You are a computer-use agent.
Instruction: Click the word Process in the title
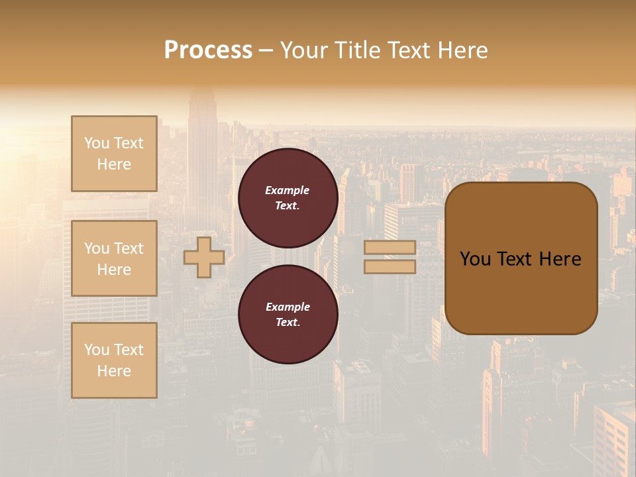click(x=208, y=50)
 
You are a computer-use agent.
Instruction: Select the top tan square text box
click(x=114, y=154)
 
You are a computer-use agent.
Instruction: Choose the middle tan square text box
click(x=114, y=258)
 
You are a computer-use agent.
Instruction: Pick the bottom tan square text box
click(x=114, y=360)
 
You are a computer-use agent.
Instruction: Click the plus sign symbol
click(x=204, y=257)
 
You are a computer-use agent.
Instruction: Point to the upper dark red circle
click(x=288, y=197)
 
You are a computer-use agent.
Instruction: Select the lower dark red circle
click(x=288, y=314)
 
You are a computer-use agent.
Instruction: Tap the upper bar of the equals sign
click(x=390, y=247)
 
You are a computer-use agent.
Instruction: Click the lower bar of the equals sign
click(x=390, y=267)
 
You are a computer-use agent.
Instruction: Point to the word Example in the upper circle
click(x=288, y=190)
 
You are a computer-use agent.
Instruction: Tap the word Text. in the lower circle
click(x=288, y=322)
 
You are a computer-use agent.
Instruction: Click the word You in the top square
click(x=97, y=143)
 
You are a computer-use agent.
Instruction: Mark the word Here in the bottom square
click(x=114, y=371)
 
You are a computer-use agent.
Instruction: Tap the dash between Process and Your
click(x=266, y=51)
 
